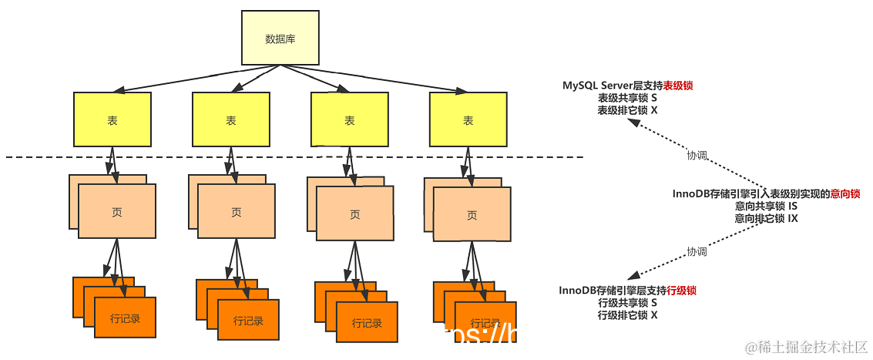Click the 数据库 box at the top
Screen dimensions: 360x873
[280, 39]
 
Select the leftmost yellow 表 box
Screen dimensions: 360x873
[112, 119]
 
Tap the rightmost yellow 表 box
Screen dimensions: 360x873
[468, 119]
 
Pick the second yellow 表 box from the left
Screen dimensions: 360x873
[230, 119]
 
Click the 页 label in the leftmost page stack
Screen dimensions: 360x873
[118, 212]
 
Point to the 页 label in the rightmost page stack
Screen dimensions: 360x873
[472, 215]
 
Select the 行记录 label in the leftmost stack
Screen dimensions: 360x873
[125, 318]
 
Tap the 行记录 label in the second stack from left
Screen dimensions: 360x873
[247, 320]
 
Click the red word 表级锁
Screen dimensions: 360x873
[678, 86]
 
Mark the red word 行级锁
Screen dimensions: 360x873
[681, 291]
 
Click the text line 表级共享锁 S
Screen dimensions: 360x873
[627, 98]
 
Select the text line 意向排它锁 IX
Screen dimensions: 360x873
[766, 219]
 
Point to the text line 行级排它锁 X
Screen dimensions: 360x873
[627, 315]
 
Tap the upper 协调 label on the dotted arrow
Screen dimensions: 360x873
[697, 155]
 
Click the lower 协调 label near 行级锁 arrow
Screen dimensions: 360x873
[697, 251]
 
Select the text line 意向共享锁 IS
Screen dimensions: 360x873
[766, 207]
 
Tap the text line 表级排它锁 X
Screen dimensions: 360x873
[627, 110]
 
